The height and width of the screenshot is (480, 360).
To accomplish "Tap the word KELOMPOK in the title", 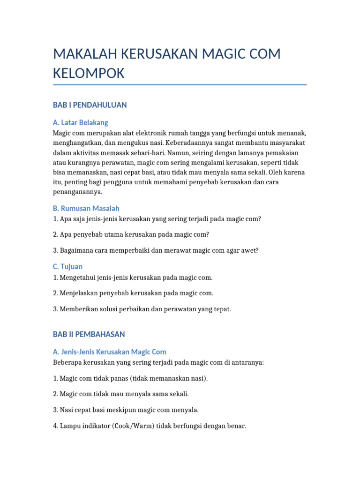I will point(89,74).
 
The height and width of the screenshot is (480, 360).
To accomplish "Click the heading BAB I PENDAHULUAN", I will point(90,105).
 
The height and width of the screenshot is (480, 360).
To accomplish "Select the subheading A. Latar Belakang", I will point(81,122).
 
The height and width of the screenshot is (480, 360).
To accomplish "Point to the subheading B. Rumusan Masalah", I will point(86,208).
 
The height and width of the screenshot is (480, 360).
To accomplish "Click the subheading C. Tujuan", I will point(68,267).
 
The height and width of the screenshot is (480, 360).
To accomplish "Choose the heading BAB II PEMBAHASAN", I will point(89,334).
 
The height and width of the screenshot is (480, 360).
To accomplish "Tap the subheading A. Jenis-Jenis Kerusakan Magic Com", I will point(110,352).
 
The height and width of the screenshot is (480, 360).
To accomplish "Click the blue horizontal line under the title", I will point(180,85).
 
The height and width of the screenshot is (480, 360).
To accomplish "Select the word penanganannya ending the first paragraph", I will point(77,192).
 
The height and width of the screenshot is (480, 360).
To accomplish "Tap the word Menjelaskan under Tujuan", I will point(77,293).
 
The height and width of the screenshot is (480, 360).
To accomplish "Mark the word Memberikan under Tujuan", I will point(76,309).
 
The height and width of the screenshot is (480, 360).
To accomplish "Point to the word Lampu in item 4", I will point(68,426).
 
